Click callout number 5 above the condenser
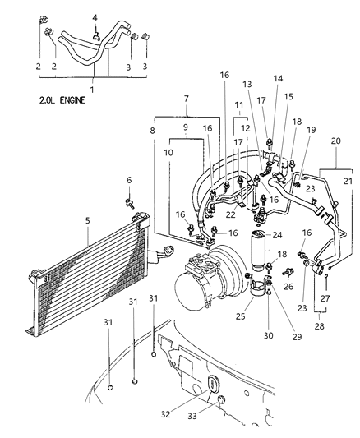(x=88, y=220)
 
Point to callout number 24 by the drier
(x=279, y=235)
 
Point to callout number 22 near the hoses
(x=233, y=215)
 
